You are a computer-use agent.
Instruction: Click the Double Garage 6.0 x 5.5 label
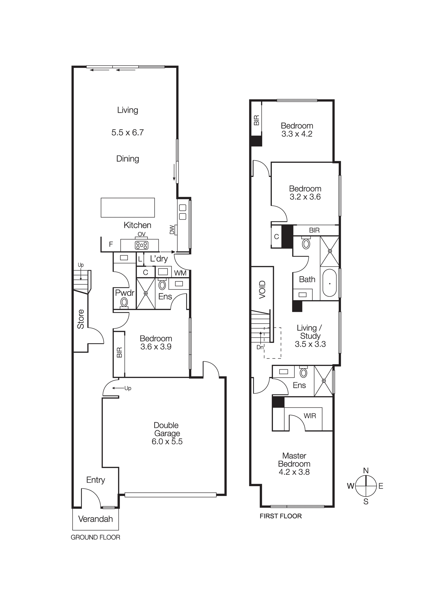coord(167,433)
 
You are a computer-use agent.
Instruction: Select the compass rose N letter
coord(366,470)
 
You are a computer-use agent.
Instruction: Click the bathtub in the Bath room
coord(329,283)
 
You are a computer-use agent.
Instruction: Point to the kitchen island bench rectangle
coord(128,207)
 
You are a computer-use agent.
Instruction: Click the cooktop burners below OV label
coord(141,245)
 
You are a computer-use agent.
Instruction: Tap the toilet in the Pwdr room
coord(124,303)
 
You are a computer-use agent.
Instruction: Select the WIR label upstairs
coord(310,416)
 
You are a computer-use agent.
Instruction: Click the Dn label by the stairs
coord(260,347)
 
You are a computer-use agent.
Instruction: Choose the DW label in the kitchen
coord(172,230)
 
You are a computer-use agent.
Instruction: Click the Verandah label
coord(95,519)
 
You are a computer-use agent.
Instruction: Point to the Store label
coord(81,319)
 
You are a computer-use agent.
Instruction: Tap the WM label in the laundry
coord(180,273)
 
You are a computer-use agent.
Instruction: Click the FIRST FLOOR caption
coord(280,516)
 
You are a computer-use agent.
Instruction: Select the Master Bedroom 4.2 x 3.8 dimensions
coord(294,472)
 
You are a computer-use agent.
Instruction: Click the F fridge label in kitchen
coord(111,244)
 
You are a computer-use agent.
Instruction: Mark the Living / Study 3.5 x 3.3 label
coord(310,336)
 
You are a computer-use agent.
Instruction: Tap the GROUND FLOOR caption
coord(95,537)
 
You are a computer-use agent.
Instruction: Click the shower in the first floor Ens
coord(323,381)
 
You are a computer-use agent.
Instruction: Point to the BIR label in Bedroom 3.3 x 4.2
coord(256,120)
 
